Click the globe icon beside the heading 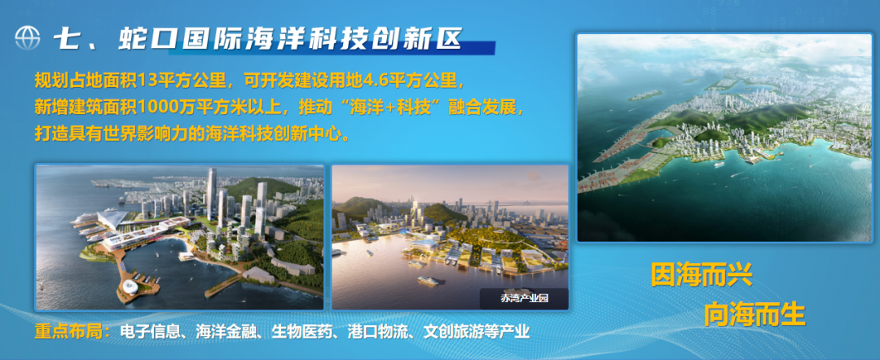click(28, 38)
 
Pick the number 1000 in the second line click(154, 108)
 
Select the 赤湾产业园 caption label click(524, 299)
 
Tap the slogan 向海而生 click(755, 314)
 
